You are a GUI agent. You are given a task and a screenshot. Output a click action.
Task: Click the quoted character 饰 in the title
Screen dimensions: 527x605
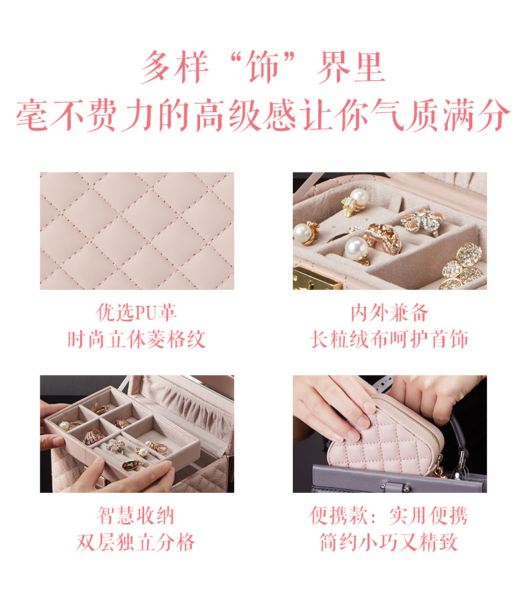click(x=263, y=67)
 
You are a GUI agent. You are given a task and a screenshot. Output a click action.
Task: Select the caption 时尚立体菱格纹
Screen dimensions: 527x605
click(x=137, y=339)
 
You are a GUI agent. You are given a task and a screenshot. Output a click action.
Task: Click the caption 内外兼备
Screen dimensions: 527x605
click(x=390, y=312)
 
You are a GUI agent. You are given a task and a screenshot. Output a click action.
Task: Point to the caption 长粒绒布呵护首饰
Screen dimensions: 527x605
click(x=390, y=339)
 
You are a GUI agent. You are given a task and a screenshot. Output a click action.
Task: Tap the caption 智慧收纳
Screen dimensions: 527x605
click(x=135, y=515)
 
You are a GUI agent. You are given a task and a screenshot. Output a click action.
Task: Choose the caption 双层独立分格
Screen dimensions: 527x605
click(x=135, y=542)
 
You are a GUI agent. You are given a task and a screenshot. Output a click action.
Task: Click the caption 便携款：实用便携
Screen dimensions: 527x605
click(x=389, y=515)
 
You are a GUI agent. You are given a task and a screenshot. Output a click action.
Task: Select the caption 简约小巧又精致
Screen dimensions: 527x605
click(x=389, y=542)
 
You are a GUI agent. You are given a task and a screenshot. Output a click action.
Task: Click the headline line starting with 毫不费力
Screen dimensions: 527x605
click(x=263, y=115)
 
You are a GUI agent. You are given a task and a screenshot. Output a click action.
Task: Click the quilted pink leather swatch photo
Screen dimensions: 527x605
click(x=137, y=231)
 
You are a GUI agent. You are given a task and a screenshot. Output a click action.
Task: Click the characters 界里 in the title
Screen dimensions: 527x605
click(x=350, y=67)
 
